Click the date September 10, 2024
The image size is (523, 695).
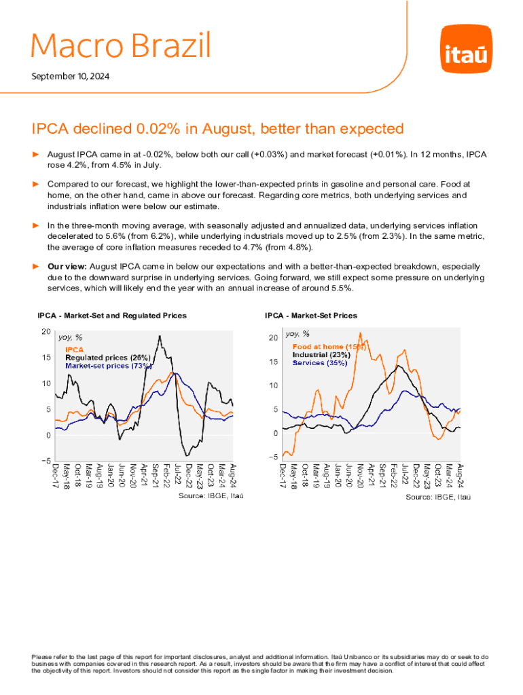[71, 77]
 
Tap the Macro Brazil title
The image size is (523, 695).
[122, 46]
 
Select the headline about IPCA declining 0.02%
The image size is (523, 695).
[218, 129]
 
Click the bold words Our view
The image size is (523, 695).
[67, 267]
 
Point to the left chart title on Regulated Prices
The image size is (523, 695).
[112, 316]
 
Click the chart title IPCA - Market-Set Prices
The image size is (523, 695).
[311, 316]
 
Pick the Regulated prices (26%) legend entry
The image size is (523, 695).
[107, 358]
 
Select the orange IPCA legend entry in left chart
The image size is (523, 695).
[74, 350]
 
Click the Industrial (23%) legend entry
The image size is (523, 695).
[321, 354]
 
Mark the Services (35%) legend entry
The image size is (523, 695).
[319, 362]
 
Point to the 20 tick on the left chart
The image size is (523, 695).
[46, 331]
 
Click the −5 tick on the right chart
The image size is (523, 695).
[272, 457]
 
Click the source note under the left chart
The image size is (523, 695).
[211, 497]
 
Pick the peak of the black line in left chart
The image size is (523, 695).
[160, 336]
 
